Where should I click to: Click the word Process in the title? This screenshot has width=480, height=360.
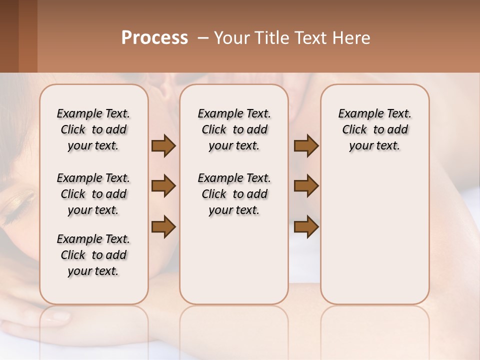(154, 38)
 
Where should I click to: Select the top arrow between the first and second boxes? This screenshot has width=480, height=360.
(163, 145)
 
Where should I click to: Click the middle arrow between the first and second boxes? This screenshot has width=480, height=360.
(163, 186)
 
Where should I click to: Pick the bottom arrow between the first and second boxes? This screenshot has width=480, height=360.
(163, 226)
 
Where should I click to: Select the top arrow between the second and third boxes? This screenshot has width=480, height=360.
(306, 145)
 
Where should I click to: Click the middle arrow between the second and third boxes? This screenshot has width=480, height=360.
(306, 186)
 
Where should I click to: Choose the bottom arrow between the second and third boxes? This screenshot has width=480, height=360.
(306, 226)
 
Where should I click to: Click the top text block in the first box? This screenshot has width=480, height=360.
(93, 129)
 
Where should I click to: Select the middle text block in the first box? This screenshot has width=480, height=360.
(93, 194)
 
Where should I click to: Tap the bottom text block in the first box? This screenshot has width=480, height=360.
(93, 255)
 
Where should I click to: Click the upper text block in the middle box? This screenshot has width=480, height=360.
(234, 129)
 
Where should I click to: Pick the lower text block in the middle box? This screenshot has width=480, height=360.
(234, 194)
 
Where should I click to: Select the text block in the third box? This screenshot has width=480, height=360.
(374, 129)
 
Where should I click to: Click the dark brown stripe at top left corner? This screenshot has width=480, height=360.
(9, 35)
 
